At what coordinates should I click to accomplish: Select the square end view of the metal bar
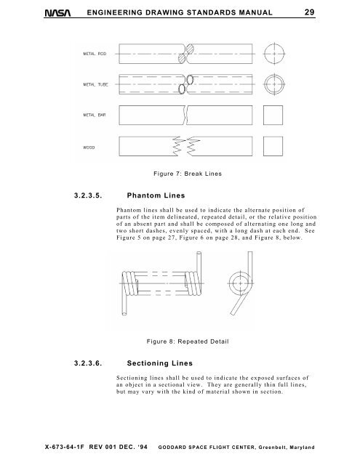click(274, 117)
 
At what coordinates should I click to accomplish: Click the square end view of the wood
click(274, 150)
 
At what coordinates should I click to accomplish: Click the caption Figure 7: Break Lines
click(183, 175)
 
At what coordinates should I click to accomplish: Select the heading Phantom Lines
click(157, 195)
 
